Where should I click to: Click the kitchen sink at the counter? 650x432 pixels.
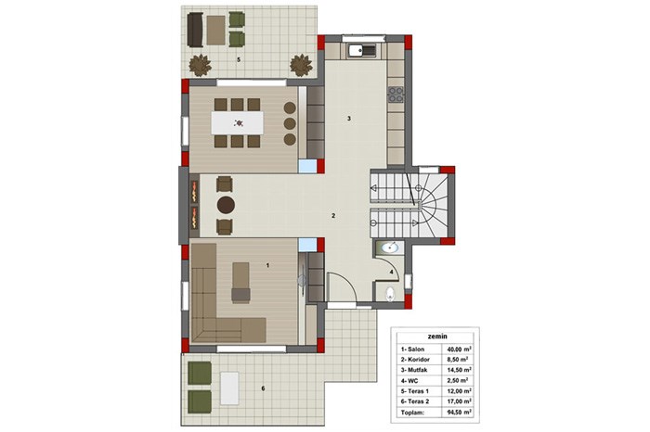point(362,50)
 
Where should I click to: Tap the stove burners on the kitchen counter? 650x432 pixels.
point(396,95)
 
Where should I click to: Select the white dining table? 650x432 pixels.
point(237,123)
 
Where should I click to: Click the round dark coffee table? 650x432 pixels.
point(226,205)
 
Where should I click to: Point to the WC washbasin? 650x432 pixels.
point(389,248)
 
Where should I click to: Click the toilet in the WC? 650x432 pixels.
point(390,294)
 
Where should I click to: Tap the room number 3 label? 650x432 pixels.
point(349,119)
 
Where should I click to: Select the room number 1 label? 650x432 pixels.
point(267,265)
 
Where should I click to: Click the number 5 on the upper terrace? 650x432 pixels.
point(239,59)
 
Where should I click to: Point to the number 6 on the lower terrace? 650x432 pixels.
point(263,388)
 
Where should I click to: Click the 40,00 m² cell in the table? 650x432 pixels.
point(458,349)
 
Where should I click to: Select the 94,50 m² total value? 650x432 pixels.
point(458,413)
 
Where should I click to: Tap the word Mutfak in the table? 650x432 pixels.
point(418,370)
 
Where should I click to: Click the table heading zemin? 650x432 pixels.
point(437,337)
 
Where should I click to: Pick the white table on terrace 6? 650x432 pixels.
point(229,388)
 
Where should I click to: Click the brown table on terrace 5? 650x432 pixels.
point(216,30)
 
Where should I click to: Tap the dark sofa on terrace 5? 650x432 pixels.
point(195,30)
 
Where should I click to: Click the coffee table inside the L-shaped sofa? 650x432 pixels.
point(240,283)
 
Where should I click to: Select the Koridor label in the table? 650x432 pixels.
point(419,360)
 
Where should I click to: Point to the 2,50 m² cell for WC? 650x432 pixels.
point(458,380)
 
